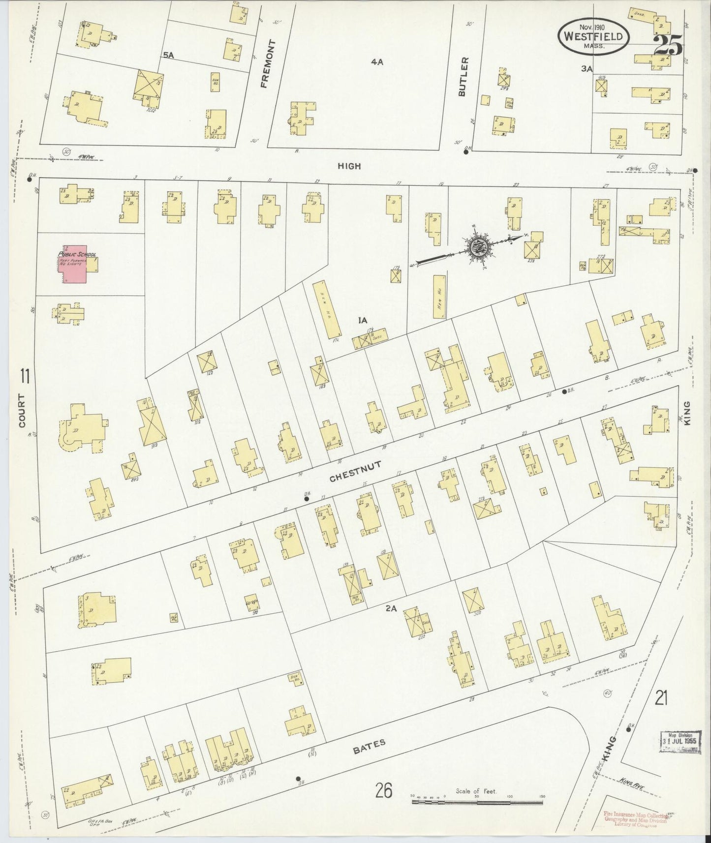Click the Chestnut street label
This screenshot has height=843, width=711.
(x=352, y=473)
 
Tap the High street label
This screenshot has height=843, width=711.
(x=349, y=166)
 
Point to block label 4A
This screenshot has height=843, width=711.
(x=377, y=61)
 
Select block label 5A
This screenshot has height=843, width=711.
(x=169, y=55)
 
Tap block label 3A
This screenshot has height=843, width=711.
(x=586, y=69)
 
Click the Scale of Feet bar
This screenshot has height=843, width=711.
(x=477, y=802)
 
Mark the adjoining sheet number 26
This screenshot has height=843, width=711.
(x=383, y=791)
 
